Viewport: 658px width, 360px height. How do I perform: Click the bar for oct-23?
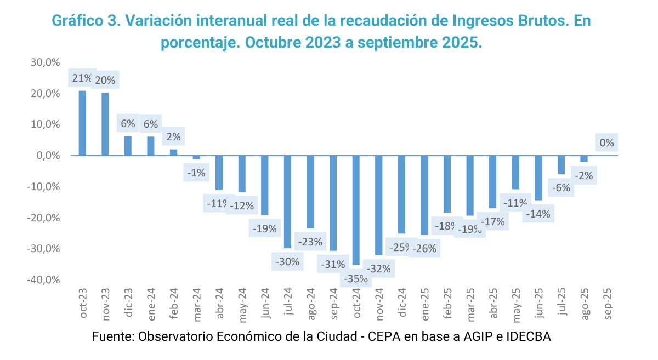tap(82, 123)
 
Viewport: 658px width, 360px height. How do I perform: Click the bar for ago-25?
tap(584, 159)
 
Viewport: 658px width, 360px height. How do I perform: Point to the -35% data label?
tap(355, 278)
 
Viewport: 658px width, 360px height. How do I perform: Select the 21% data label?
tap(82, 79)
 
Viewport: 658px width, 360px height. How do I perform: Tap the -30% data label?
tap(287, 261)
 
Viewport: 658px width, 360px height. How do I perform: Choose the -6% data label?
tap(561, 187)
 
